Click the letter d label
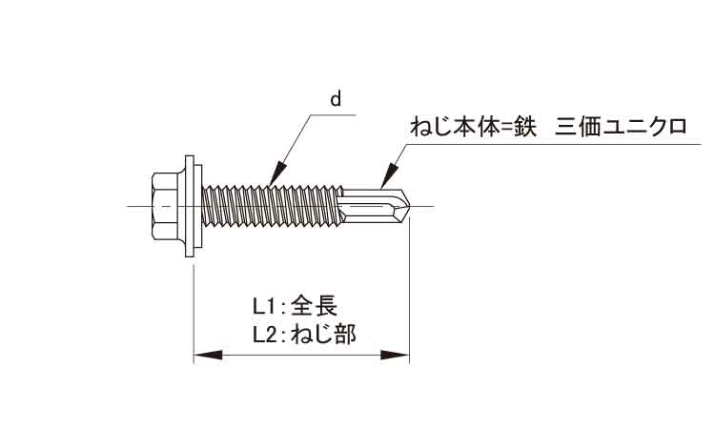point(336,98)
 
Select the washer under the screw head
point(194,206)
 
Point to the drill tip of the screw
point(401,207)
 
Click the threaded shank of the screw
point(273,207)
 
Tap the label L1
point(265,306)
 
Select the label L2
point(265,336)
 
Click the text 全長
point(315,306)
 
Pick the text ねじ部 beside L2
point(323,336)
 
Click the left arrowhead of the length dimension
point(209,356)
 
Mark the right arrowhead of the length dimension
point(395,356)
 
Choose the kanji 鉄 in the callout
point(525,127)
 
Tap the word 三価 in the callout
point(578,127)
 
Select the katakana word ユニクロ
point(644,127)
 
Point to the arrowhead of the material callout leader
point(389,176)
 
